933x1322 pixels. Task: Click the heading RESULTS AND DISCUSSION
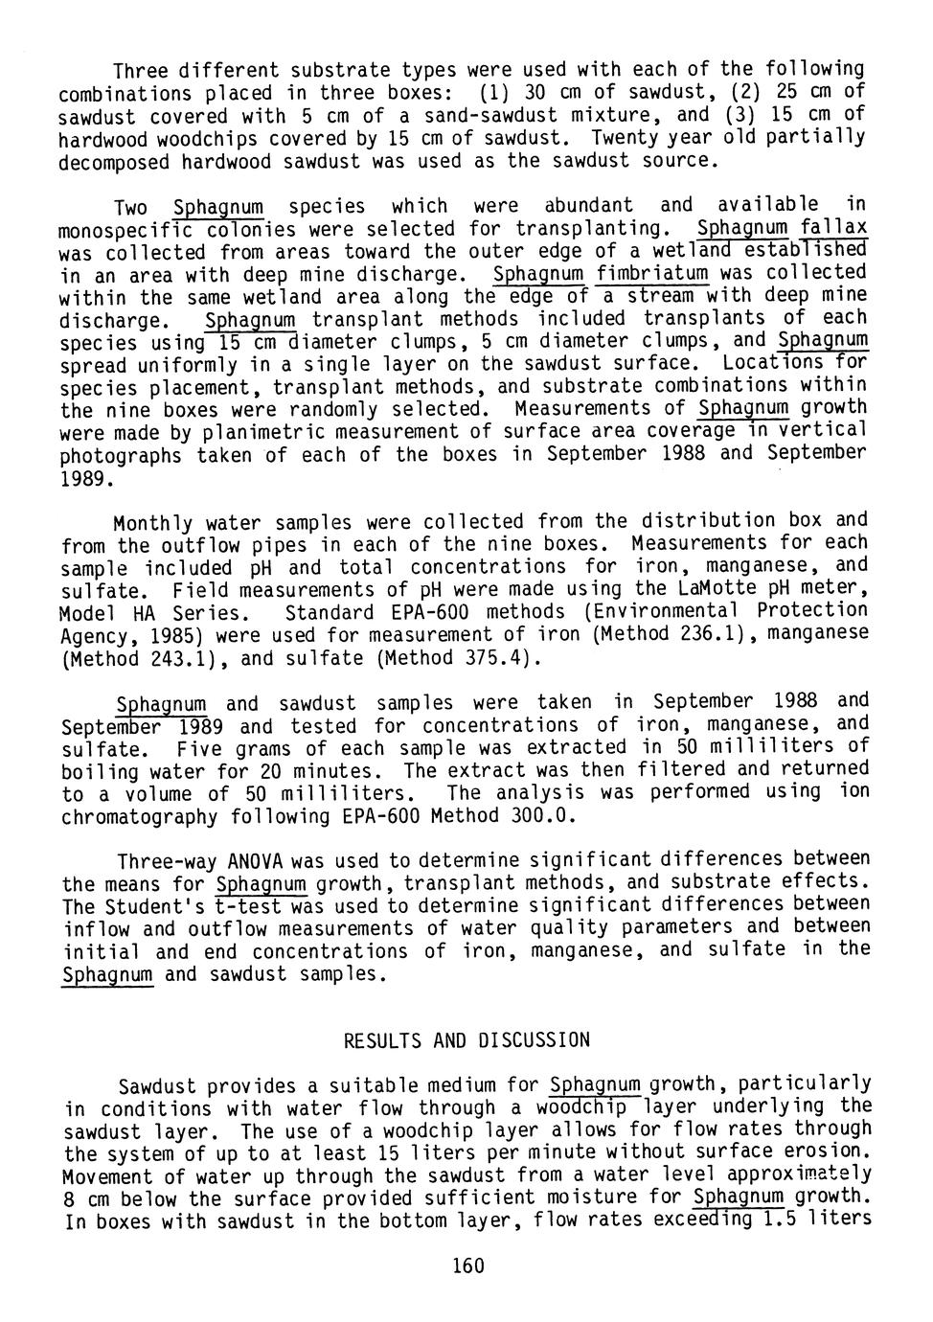click(x=466, y=1039)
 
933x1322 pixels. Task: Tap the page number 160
click(x=467, y=1266)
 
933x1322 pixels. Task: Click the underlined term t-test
click(x=251, y=905)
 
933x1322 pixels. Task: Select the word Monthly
click(x=153, y=523)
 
